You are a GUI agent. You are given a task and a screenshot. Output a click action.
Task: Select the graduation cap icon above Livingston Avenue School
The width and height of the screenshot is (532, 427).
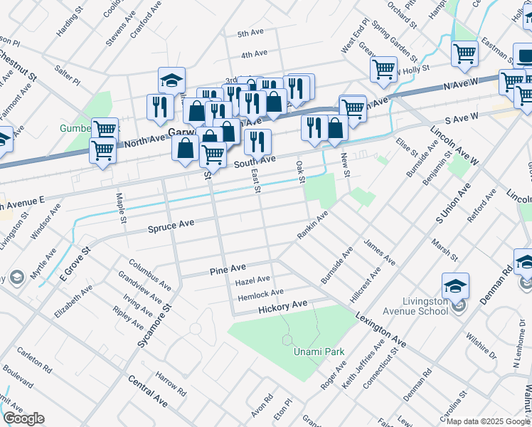(455, 286)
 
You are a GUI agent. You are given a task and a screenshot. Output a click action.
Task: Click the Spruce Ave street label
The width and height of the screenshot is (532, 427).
(171, 226)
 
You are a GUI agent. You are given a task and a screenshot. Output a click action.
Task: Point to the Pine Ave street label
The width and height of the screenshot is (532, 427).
(227, 270)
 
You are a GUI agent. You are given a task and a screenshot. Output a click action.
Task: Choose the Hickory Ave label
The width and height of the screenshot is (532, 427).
(282, 306)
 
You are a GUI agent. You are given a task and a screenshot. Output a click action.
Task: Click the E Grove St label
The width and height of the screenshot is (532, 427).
(77, 263)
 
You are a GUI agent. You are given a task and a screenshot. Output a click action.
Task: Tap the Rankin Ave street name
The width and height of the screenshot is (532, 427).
(312, 226)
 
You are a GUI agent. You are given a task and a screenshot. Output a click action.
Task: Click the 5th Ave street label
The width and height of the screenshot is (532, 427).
(252, 33)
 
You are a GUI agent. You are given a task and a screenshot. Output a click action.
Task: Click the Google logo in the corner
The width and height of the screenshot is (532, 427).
(24, 418)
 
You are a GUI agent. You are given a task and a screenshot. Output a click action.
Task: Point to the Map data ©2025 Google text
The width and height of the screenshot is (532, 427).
(488, 421)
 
